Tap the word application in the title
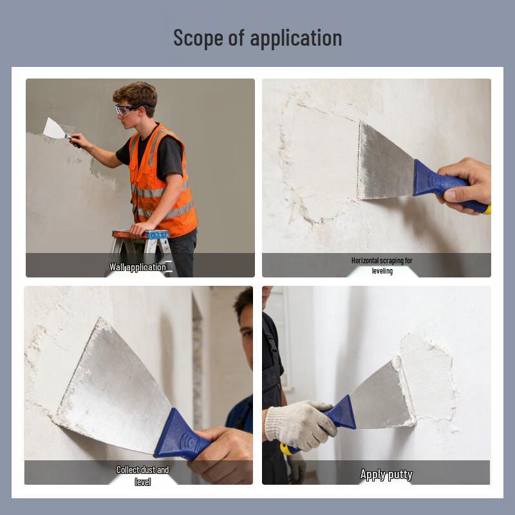[x=296, y=39]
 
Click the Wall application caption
[x=138, y=267]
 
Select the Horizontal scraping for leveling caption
[x=382, y=265]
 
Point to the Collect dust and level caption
[x=142, y=476]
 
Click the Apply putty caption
[x=386, y=474]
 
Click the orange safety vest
[x=162, y=181]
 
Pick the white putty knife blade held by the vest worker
[x=54, y=129]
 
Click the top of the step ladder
[x=140, y=234]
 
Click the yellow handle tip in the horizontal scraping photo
[x=487, y=210]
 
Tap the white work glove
[x=299, y=424]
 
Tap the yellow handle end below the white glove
[x=286, y=449]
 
